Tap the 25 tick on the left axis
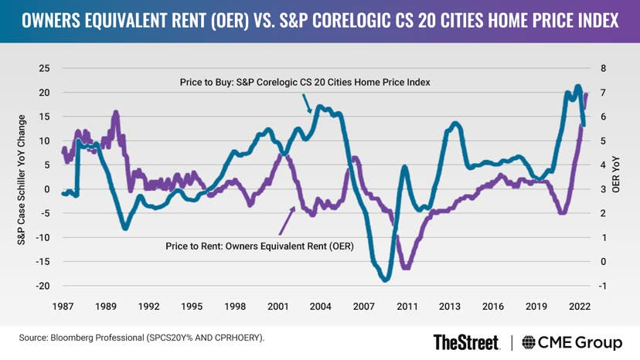click(x=45, y=69)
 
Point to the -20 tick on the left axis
click(x=43, y=286)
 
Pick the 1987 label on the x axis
click(x=63, y=306)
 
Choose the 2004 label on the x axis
click(x=321, y=306)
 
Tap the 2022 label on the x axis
click(x=579, y=306)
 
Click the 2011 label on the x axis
click(x=407, y=306)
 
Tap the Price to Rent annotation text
click(x=260, y=246)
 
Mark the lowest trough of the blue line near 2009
click(x=384, y=280)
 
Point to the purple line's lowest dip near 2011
click(x=405, y=267)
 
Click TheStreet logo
click(x=466, y=341)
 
